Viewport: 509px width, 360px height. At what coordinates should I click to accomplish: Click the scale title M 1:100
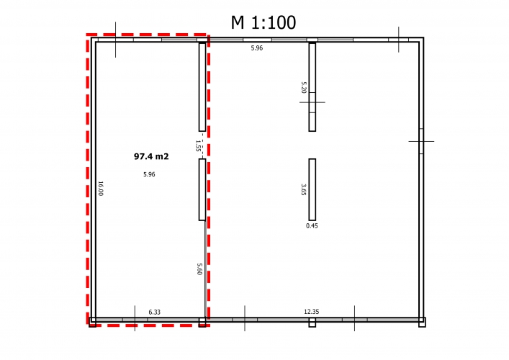(x=263, y=22)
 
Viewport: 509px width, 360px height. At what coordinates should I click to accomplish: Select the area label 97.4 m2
(x=151, y=156)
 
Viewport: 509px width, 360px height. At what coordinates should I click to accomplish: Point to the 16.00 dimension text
(x=100, y=188)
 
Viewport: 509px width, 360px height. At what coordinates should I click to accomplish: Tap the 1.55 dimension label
(x=197, y=145)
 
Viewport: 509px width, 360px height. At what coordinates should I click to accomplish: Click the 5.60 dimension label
(x=199, y=269)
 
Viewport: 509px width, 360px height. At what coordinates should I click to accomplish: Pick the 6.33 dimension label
(x=155, y=312)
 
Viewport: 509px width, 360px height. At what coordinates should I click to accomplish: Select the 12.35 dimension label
(x=311, y=312)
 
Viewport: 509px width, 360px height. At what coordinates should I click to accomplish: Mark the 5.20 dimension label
(x=304, y=87)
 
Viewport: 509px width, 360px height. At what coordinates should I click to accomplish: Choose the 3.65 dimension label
(x=304, y=189)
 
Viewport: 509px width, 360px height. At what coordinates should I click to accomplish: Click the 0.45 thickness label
(x=312, y=225)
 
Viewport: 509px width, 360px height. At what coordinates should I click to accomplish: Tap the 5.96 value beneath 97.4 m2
(x=149, y=174)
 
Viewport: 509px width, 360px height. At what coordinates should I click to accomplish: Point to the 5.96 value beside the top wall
(x=257, y=48)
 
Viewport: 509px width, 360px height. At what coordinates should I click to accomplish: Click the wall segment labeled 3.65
(x=312, y=189)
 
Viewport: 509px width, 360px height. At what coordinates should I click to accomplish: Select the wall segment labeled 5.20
(x=312, y=87)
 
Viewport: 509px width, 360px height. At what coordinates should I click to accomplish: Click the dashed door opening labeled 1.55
(x=202, y=145)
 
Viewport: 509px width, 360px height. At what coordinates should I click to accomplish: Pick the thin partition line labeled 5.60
(x=205, y=269)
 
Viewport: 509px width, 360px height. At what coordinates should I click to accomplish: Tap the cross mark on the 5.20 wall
(x=312, y=102)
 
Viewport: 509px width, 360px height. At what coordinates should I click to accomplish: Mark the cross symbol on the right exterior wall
(x=421, y=141)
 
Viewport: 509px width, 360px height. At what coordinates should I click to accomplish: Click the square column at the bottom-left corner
(x=93, y=323)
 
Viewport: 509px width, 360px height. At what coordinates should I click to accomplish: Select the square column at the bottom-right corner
(x=422, y=323)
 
